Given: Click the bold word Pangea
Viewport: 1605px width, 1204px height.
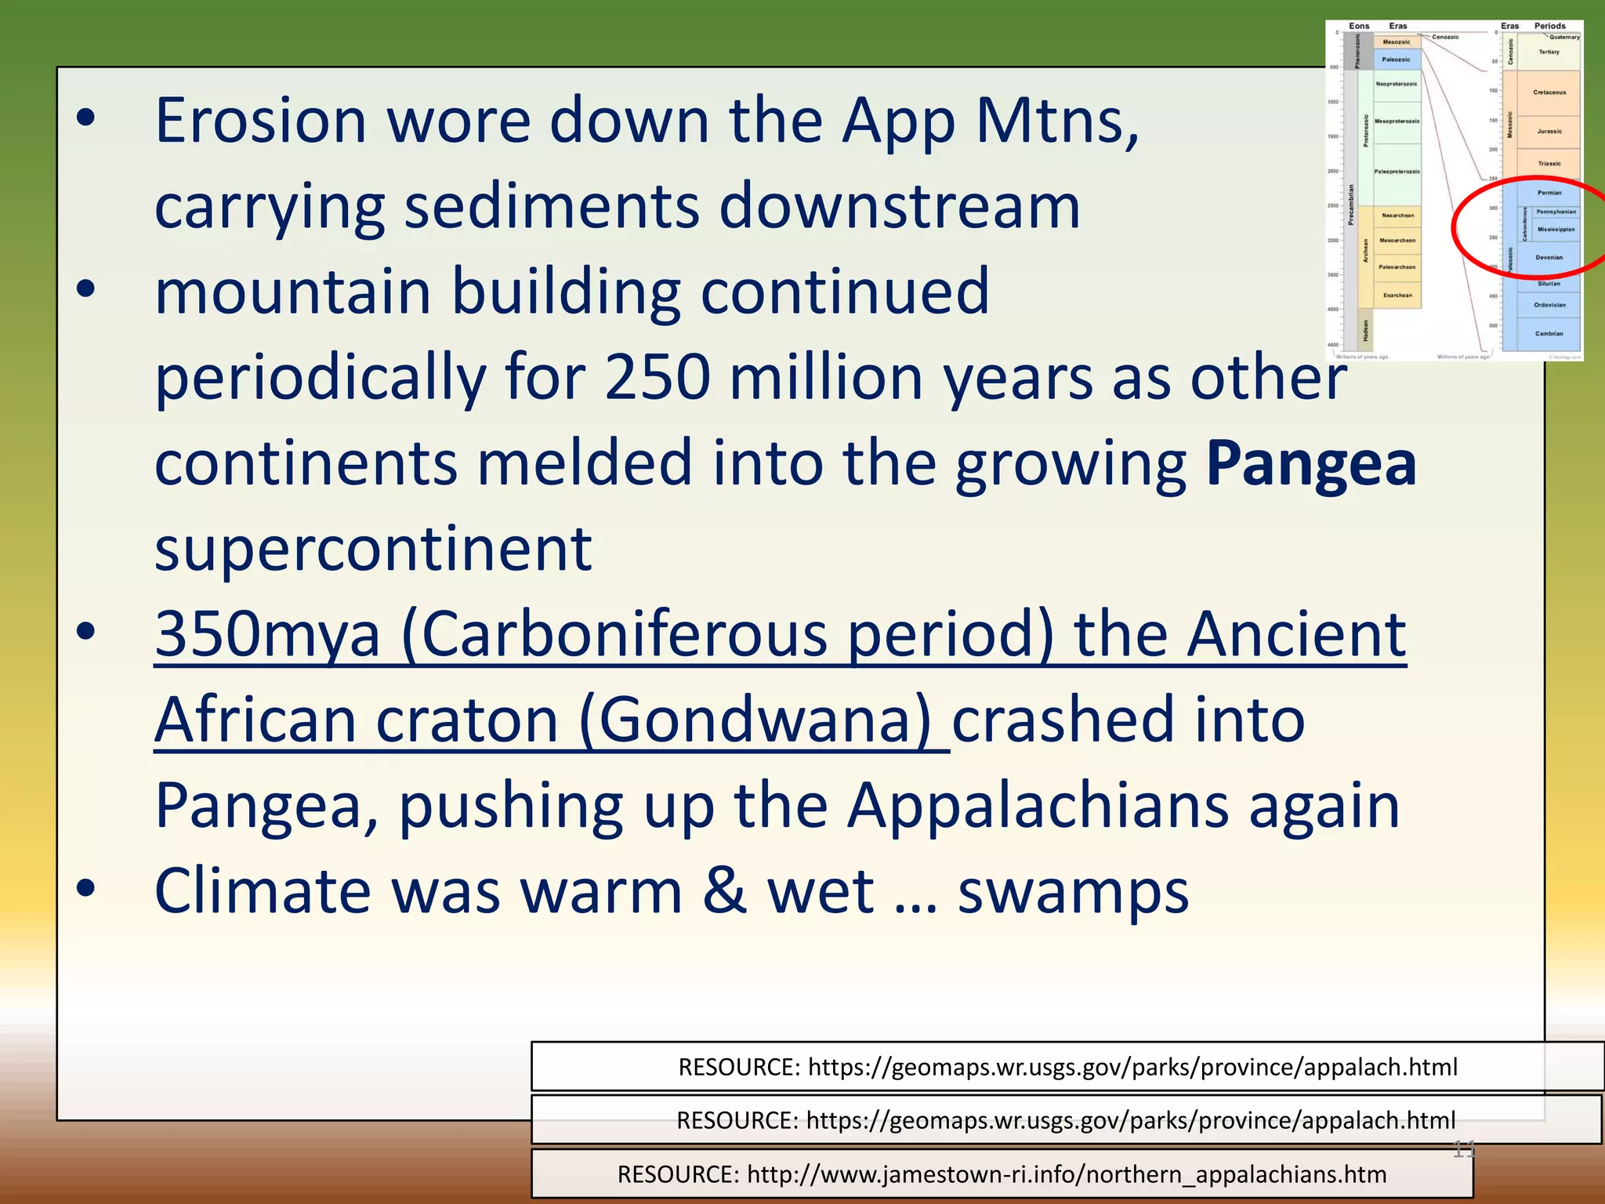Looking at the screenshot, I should (x=1310, y=464).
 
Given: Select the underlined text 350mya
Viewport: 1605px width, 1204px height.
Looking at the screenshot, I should (x=266, y=634).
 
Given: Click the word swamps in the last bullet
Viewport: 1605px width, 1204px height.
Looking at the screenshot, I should (x=1073, y=892).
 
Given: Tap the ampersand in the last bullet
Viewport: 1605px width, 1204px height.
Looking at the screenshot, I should (x=724, y=891).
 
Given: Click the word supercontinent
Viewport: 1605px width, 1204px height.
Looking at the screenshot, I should (x=373, y=549).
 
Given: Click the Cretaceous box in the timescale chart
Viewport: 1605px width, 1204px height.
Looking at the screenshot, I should (x=1549, y=92).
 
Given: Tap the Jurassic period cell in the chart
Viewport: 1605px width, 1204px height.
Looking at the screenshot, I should (x=1549, y=132).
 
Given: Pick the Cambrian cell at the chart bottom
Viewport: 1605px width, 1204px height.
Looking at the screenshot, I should (x=1549, y=334).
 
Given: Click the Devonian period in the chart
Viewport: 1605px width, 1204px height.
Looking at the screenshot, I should (x=1549, y=257).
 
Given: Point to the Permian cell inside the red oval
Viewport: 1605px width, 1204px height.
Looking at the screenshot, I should (x=1549, y=193).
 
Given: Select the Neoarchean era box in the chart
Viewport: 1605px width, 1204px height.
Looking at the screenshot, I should (x=1397, y=216).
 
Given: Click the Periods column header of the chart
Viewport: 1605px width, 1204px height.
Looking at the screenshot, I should (x=1549, y=26).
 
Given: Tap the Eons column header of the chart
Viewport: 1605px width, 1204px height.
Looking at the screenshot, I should (x=1359, y=26).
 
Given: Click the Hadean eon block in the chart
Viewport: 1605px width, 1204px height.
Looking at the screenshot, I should (x=1365, y=330).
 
